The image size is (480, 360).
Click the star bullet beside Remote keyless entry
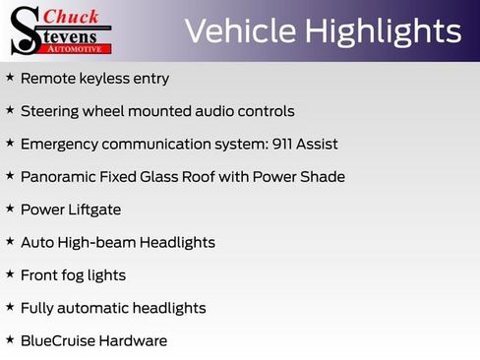[x=10, y=77]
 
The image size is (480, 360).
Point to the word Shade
[x=323, y=177]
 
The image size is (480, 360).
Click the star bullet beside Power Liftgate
[x=10, y=209]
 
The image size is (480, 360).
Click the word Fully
[x=38, y=308]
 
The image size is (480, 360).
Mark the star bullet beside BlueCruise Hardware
[x=10, y=339]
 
